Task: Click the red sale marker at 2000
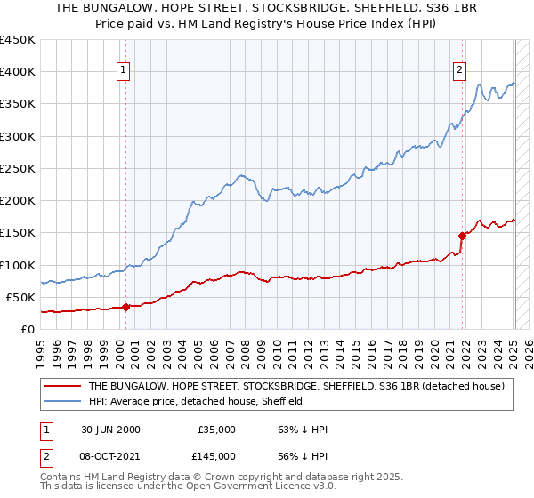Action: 125,307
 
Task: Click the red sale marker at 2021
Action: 463,236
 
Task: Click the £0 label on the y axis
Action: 27,329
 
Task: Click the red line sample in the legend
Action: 62,386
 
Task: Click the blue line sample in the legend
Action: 62,402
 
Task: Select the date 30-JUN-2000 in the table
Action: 110,430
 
